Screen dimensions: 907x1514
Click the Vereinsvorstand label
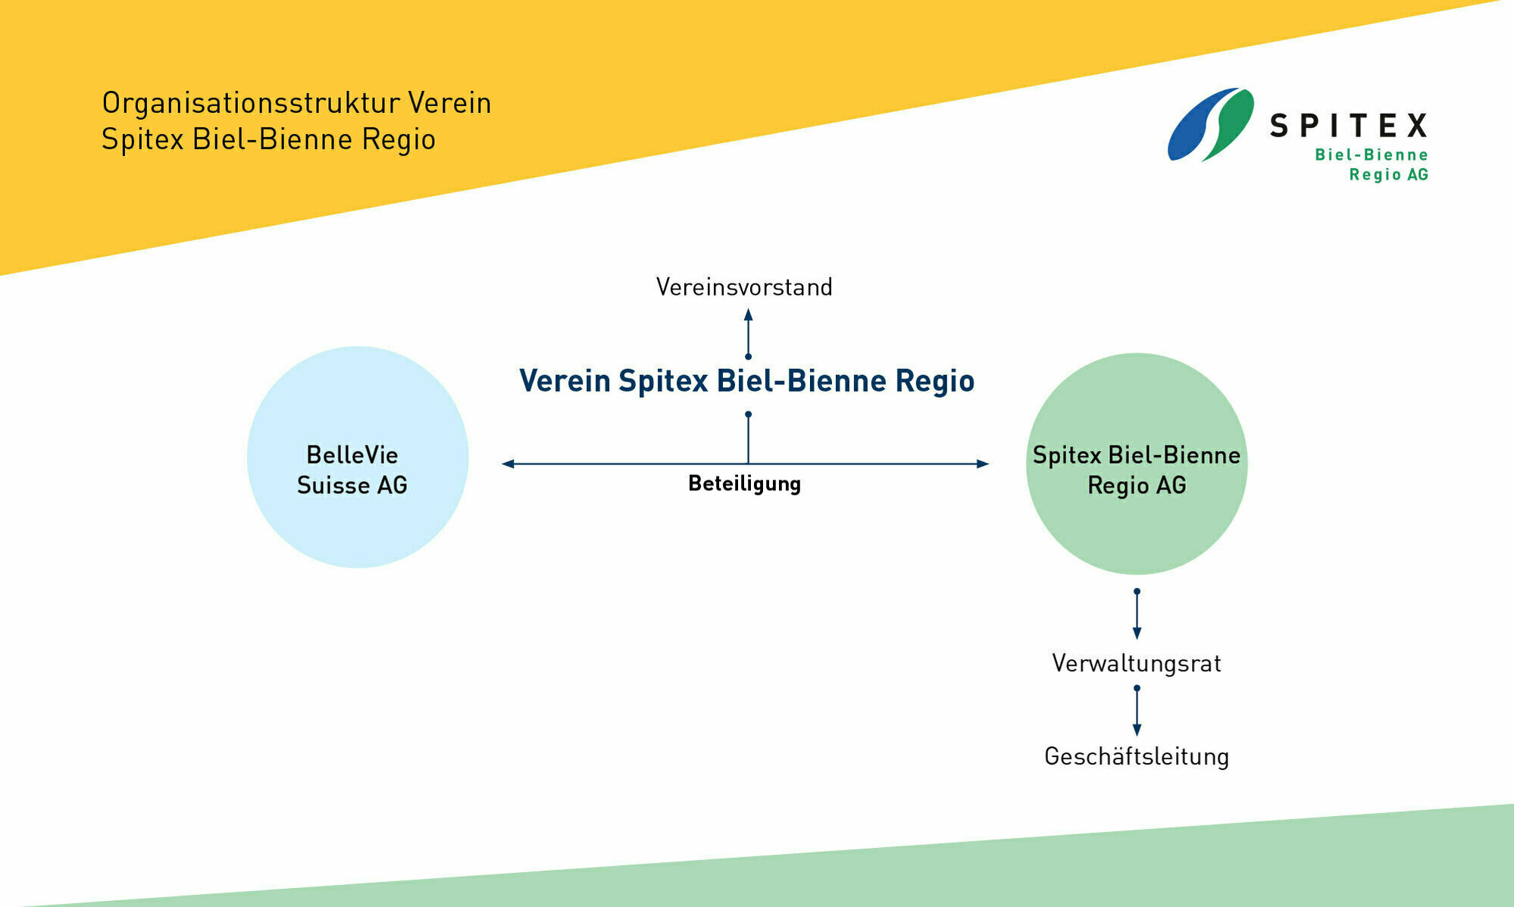pos(743,287)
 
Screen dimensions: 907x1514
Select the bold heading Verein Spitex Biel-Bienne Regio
pos(746,380)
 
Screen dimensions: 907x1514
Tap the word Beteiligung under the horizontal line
pos(744,483)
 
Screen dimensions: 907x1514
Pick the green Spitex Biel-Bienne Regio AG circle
pos(1136,530)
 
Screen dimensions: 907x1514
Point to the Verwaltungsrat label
pos(1136,664)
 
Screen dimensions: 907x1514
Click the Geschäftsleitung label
pos(1136,756)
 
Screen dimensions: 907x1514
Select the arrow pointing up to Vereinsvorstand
pos(748,333)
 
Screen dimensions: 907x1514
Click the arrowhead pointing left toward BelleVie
pos(508,464)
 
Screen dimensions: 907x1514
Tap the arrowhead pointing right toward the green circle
pos(982,464)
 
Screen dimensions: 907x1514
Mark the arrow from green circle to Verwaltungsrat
pos(1136,614)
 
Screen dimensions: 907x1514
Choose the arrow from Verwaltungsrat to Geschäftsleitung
pos(1136,710)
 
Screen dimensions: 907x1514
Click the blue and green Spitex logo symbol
pos(1209,124)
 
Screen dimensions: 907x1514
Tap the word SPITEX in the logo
pos(1349,126)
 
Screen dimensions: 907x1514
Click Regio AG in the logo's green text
pos(1388,175)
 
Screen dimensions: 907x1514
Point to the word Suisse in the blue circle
pos(330,485)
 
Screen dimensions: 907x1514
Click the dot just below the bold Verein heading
pos(748,414)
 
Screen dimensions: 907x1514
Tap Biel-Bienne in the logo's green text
pos(1371,155)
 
